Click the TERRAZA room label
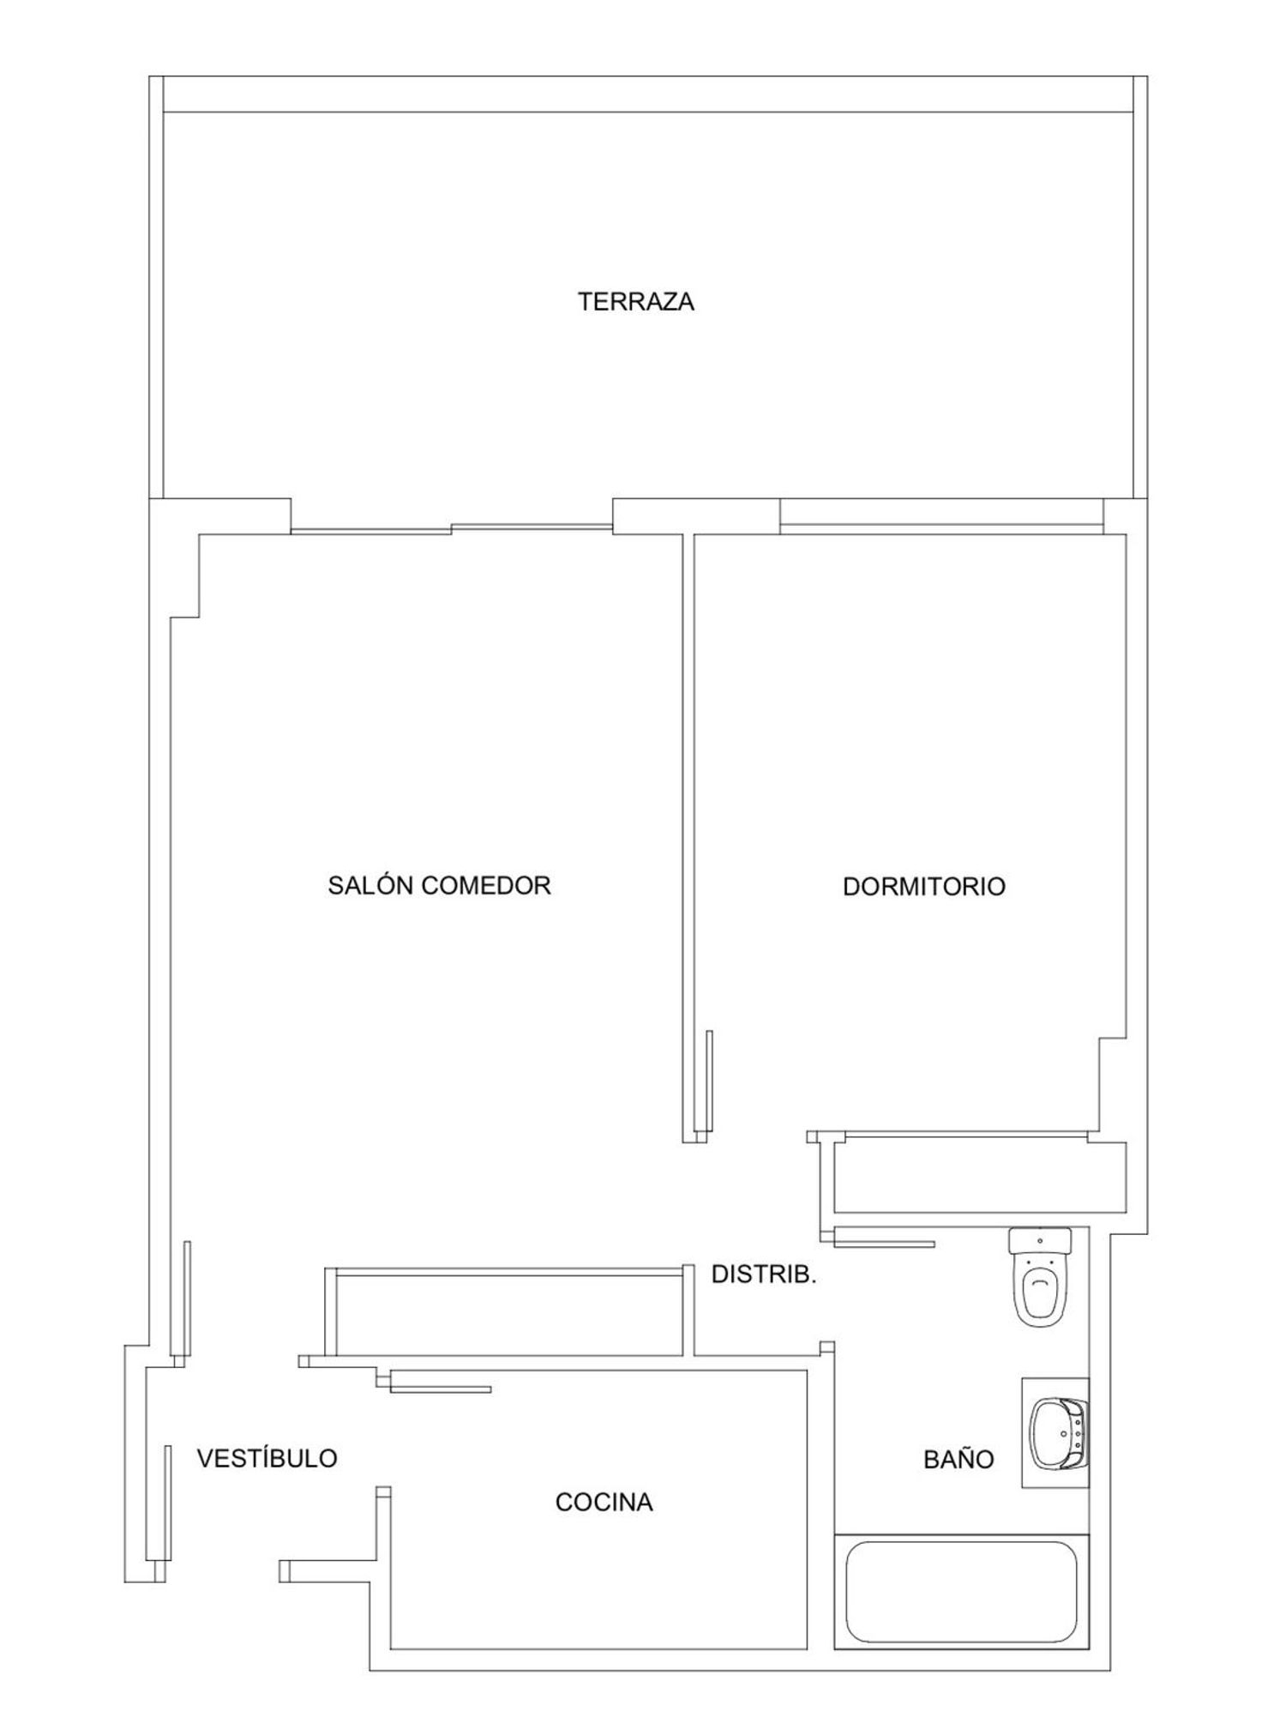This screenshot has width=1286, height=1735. (635, 302)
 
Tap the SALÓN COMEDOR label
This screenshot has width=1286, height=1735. (439, 885)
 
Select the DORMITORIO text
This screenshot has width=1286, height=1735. (923, 886)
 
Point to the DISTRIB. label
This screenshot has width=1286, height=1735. (764, 1274)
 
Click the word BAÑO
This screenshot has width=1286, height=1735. (958, 1459)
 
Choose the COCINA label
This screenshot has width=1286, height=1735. (604, 1502)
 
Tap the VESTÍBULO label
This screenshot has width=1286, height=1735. (267, 1458)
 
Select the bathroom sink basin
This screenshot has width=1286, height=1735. (1059, 1432)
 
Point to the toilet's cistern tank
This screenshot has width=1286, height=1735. (1040, 1240)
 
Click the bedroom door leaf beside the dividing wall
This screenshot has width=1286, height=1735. (709, 1081)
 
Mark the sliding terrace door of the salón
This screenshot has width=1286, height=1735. (452, 528)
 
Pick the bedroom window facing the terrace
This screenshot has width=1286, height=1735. (941, 524)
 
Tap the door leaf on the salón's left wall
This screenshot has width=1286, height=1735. (187, 1298)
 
